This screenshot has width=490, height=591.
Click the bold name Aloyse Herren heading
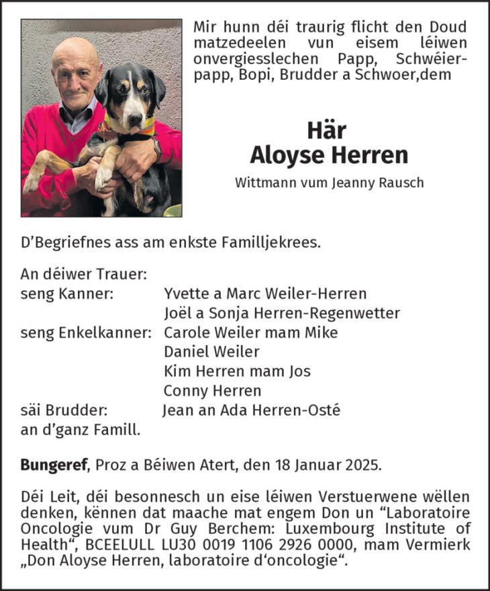[329, 154]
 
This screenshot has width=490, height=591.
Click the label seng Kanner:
[66, 293]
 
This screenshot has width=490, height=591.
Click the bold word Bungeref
[55, 463]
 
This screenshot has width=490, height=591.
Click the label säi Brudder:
[64, 410]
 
